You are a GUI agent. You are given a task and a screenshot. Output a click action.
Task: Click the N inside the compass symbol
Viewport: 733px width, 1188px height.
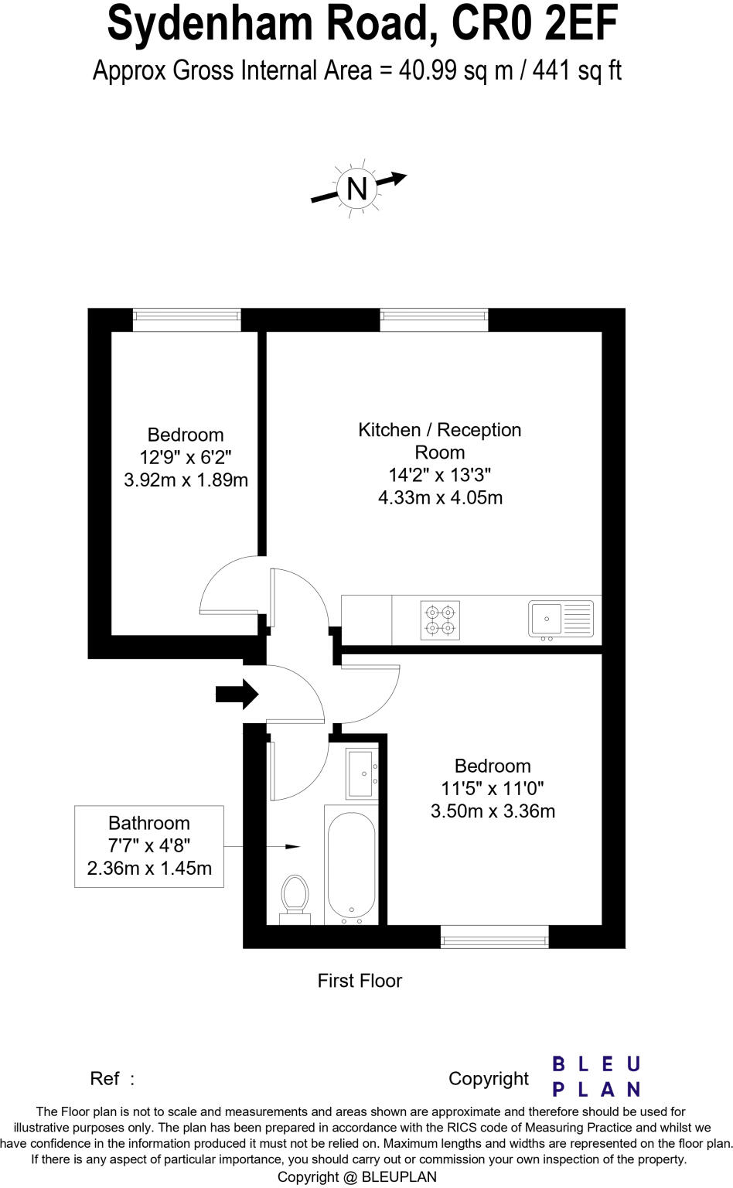356,189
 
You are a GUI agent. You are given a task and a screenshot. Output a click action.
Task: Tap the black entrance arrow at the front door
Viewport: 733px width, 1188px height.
237,694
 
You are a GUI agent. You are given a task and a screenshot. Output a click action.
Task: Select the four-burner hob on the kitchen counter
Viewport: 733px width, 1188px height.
441,620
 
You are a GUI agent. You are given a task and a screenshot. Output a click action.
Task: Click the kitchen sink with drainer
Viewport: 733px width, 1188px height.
561,620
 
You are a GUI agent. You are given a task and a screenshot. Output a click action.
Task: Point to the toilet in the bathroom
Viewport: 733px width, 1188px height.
294,897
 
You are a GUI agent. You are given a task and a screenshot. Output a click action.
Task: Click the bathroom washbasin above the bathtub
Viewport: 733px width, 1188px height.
362,773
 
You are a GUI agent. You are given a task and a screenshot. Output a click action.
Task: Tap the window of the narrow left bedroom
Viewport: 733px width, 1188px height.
186,319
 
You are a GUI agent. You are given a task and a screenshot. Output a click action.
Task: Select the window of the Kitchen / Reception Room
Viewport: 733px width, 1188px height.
434,319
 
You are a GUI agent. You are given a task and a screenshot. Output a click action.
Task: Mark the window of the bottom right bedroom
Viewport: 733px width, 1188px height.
494,937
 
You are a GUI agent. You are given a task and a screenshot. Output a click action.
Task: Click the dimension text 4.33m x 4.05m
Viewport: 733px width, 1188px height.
440,497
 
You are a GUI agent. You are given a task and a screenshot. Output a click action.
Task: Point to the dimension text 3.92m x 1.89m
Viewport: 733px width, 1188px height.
186,480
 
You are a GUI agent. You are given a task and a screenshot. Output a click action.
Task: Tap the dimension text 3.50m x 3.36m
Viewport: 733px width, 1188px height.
493,811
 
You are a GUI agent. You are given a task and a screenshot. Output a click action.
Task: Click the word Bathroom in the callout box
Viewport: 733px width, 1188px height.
148,823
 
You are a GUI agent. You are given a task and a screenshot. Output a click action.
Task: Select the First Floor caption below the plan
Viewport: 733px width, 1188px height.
360,981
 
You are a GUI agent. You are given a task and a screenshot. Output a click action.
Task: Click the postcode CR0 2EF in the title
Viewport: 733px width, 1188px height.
534,25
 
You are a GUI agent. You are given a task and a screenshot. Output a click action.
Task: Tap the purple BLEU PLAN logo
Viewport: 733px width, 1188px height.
596,1077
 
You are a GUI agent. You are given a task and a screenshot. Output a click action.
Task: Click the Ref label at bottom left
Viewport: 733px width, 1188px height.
105,1078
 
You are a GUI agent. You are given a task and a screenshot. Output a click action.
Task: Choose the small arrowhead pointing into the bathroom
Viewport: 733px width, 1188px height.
292,847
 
